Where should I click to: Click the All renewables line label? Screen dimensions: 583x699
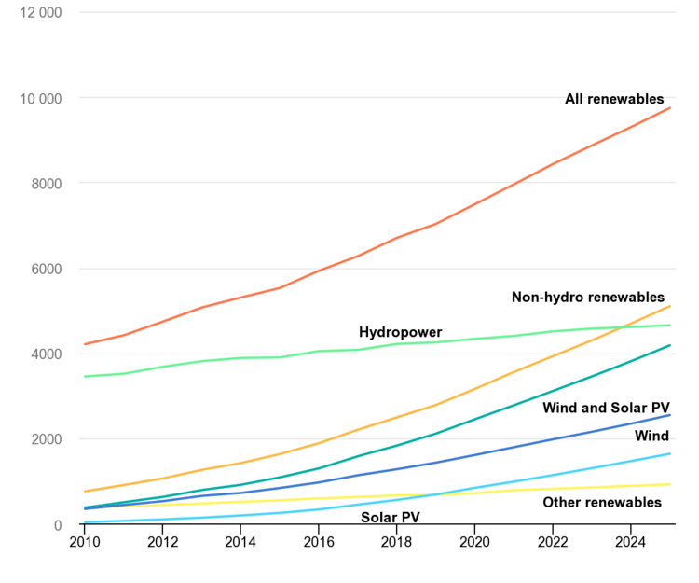pyautogui.click(x=614, y=99)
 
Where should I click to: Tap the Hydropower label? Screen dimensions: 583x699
pyautogui.click(x=400, y=332)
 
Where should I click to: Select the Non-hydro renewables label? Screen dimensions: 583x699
pyautogui.click(x=588, y=298)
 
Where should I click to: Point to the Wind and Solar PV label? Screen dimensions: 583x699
pyautogui.click(x=606, y=408)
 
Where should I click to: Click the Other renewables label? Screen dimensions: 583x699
pyautogui.click(x=602, y=503)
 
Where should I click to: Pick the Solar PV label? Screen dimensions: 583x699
pyautogui.click(x=391, y=517)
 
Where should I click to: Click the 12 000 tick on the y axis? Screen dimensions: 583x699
pyautogui.click(x=40, y=13)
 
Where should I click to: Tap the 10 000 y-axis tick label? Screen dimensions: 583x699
pyautogui.click(x=40, y=98)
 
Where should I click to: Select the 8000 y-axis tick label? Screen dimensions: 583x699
pyautogui.click(x=46, y=184)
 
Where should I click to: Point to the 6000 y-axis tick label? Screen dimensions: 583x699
pyautogui.click(x=46, y=270)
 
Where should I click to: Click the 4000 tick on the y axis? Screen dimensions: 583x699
pyautogui.click(x=46, y=354)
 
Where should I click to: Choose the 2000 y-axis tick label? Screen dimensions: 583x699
pyautogui.click(x=46, y=439)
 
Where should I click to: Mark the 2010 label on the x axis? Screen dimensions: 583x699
pyautogui.click(x=84, y=541)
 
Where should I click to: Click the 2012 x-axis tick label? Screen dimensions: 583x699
pyautogui.click(x=162, y=541)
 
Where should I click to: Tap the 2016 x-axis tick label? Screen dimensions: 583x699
pyautogui.click(x=319, y=541)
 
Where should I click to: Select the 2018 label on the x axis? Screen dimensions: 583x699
pyautogui.click(x=397, y=541)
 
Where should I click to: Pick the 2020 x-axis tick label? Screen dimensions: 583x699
pyautogui.click(x=474, y=541)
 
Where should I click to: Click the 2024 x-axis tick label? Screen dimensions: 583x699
pyautogui.click(x=631, y=541)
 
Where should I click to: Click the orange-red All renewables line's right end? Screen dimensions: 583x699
pyautogui.click(x=670, y=108)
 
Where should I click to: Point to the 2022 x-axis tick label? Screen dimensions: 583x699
pyautogui.click(x=553, y=541)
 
